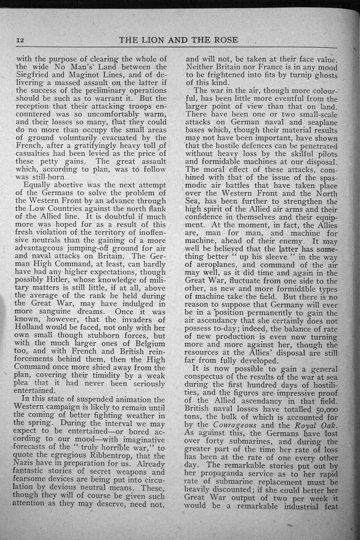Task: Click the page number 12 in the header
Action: (21, 40)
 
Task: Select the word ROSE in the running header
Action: (224, 40)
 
